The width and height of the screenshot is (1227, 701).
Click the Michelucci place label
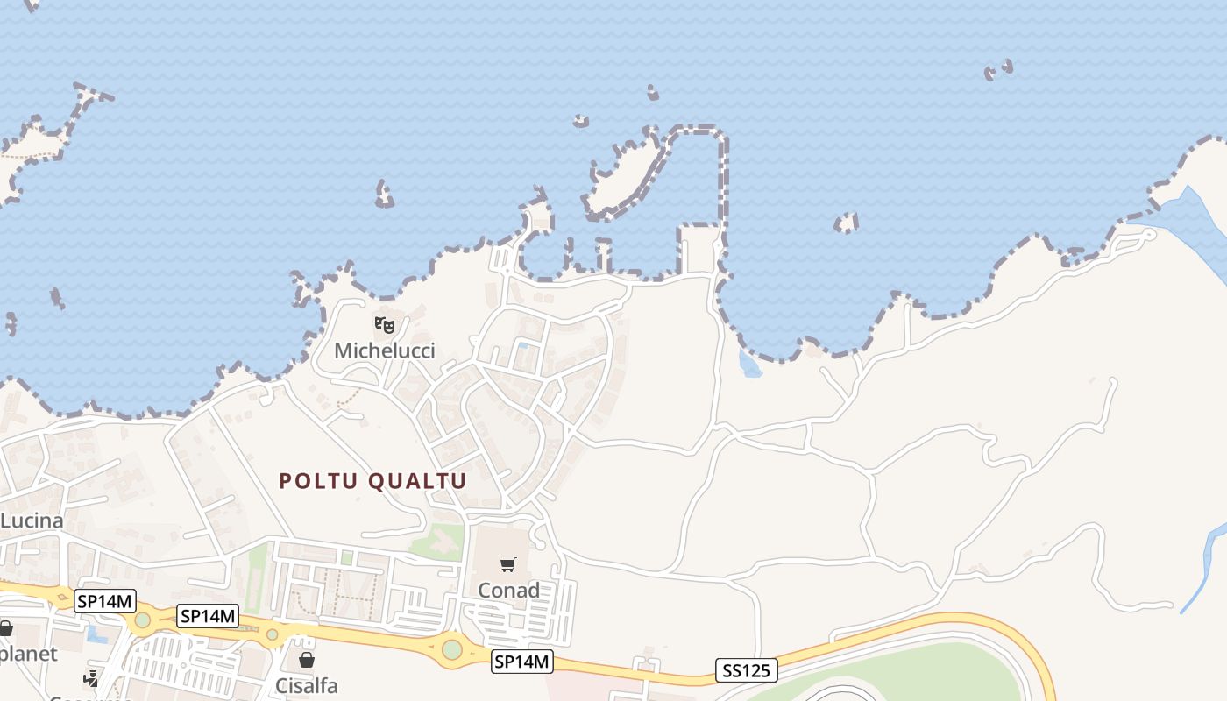click(x=385, y=351)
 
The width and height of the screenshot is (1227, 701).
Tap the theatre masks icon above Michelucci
click(x=385, y=325)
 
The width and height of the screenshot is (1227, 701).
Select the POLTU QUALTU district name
click(x=372, y=481)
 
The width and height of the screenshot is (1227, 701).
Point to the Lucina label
click(x=32, y=521)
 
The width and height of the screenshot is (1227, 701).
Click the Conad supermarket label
click(x=508, y=591)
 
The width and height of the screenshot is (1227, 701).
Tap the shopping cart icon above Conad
click(x=508, y=564)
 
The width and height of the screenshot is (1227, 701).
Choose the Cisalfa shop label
click(x=307, y=685)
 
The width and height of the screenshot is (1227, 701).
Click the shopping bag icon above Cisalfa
click(x=307, y=660)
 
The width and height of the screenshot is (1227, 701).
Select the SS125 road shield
click(x=746, y=671)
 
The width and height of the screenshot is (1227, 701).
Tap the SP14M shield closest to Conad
click(x=521, y=662)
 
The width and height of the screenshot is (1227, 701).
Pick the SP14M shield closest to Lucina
click(x=105, y=601)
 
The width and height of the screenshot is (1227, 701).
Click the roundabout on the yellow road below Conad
click(x=451, y=650)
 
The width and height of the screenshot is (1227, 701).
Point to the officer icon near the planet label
click(x=91, y=677)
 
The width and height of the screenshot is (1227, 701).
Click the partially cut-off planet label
click(x=28, y=654)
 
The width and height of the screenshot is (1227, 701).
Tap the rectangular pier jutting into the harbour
click(x=699, y=249)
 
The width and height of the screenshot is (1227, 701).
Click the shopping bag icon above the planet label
click(x=5, y=628)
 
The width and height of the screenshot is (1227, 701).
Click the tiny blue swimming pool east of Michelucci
click(x=523, y=347)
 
